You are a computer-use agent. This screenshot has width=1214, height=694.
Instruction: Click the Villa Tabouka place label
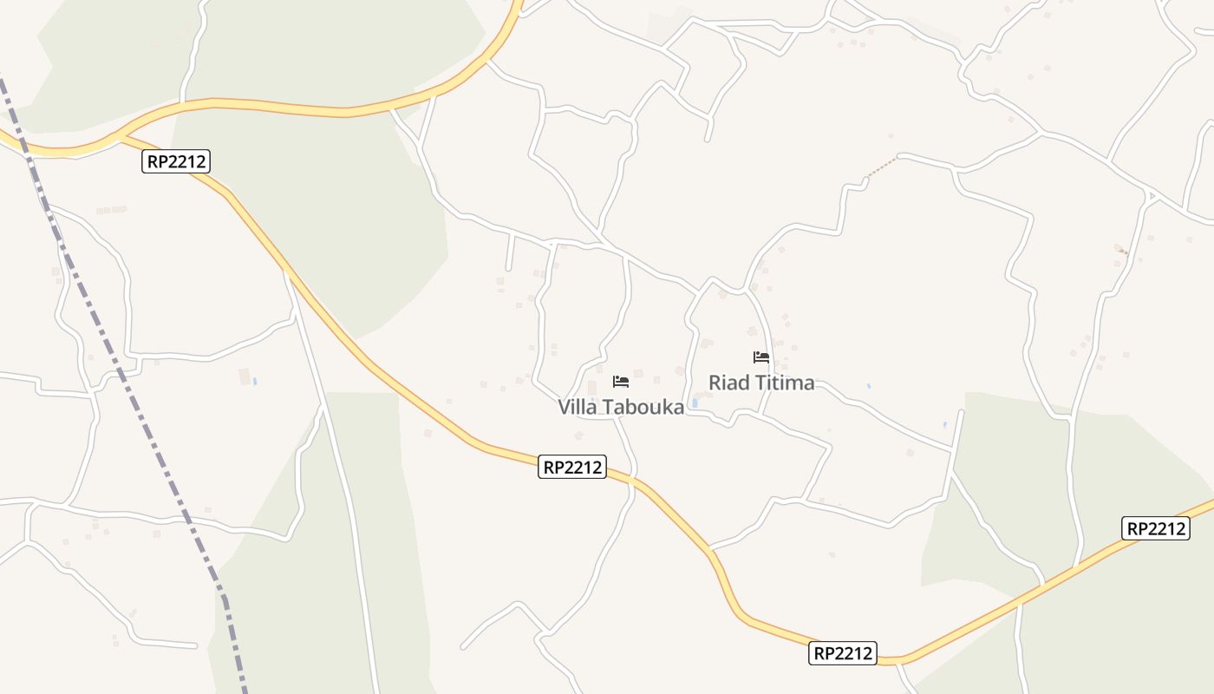[621, 407]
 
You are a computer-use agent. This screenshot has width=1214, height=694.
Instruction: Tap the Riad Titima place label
[761, 383]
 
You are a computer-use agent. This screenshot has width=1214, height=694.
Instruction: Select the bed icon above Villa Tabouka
[620, 381]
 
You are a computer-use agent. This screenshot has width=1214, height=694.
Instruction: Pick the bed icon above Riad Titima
[761, 357]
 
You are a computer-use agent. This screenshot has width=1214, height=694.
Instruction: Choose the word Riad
[727, 383]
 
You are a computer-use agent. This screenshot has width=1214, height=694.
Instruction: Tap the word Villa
[577, 407]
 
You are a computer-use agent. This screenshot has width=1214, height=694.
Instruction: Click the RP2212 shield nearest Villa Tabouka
[571, 467]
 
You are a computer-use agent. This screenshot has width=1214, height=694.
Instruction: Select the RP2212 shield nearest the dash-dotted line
[176, 161]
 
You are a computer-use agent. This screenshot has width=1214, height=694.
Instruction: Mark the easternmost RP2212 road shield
[1155, 528]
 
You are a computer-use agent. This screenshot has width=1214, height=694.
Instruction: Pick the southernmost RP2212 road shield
[843, 653]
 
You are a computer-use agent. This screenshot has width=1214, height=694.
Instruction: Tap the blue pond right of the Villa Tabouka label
[695, 403]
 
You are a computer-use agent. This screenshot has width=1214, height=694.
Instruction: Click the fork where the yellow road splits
[120, 136]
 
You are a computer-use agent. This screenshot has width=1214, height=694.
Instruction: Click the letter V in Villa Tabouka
[564, 407]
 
